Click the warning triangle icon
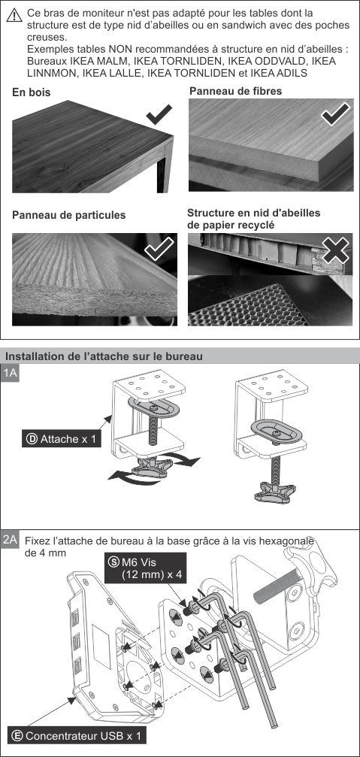coord(14,16)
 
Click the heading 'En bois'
coord(32,92)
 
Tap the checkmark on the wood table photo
coord(159,114)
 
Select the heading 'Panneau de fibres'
coord(235,91)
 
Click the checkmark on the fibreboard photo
coord(335,114)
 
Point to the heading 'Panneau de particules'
coord(68,215)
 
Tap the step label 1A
coord(10,373)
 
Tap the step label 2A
coord(10,540)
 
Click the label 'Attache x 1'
coord(62,439)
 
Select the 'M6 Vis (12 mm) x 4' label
coord(146,568)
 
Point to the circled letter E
coord(17,736)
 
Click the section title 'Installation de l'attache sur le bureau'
coord(103,356)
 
